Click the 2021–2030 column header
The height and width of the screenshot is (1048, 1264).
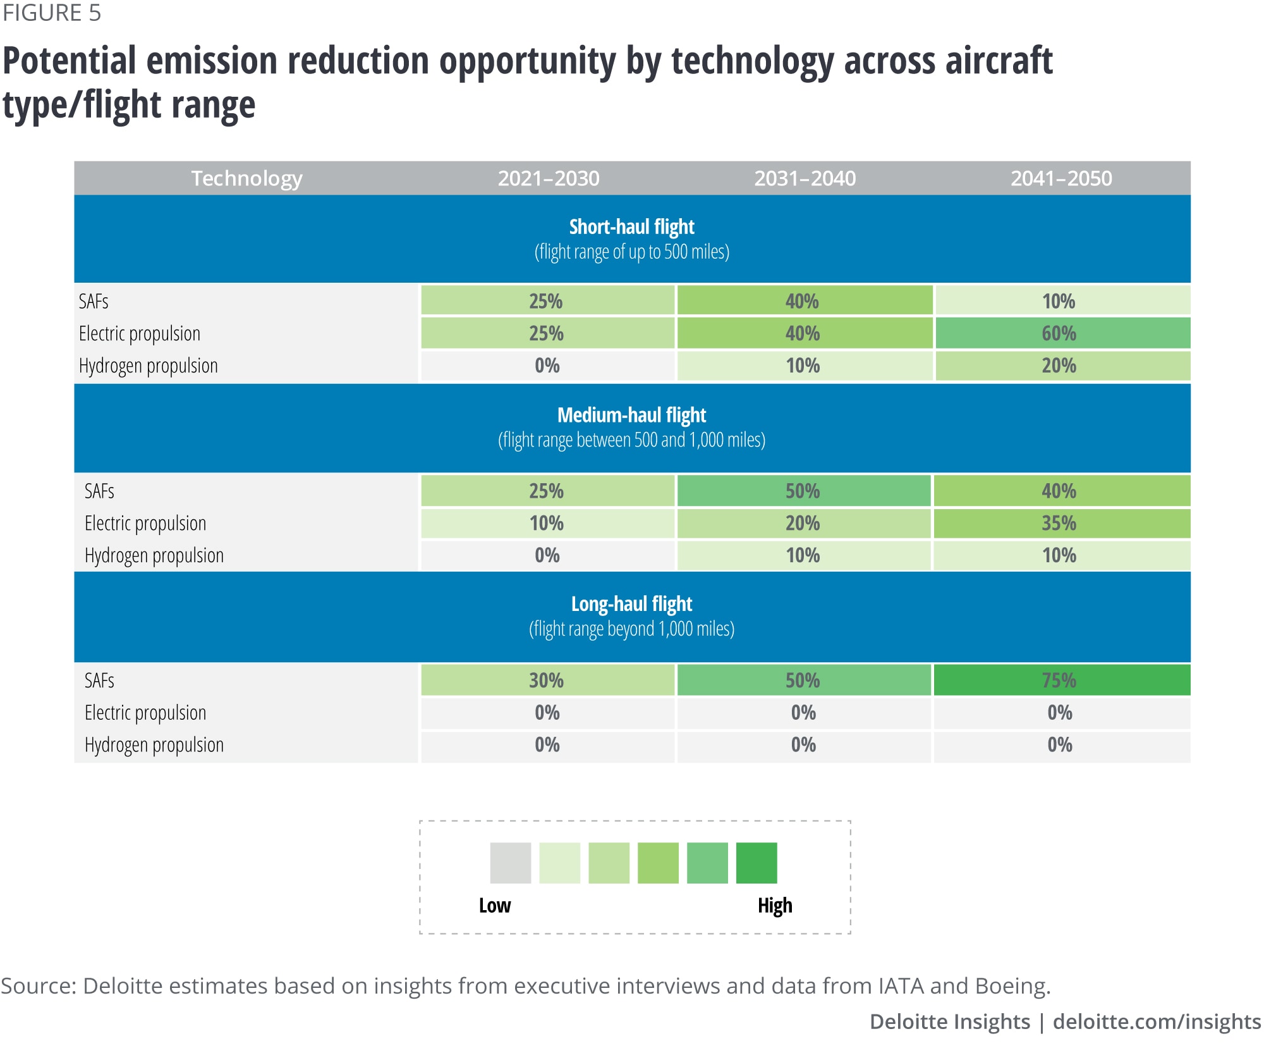click(549, 178)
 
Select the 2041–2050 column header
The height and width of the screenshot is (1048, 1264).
click(1061, 178)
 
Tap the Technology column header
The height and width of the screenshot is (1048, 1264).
click(246, 178)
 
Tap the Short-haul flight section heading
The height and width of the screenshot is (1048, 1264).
click(631, 227)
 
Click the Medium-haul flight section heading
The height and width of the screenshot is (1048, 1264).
click(631, 416)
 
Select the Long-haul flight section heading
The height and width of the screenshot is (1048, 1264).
click(631, 604)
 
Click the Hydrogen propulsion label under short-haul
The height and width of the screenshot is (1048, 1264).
click(149, 366)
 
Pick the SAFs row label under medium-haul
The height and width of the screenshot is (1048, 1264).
click(99, 491)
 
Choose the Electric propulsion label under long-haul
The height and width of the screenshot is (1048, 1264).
click(145, 713)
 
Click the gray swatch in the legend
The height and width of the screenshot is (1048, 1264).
click(510, 863)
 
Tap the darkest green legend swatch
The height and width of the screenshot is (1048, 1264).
click(757, 863)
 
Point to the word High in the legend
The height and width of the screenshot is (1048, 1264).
click(775, 906)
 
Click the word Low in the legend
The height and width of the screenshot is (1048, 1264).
click(494, 906)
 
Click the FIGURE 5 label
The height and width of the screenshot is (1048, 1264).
click(52, 13)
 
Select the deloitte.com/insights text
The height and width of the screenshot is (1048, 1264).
click(1157, 1021)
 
